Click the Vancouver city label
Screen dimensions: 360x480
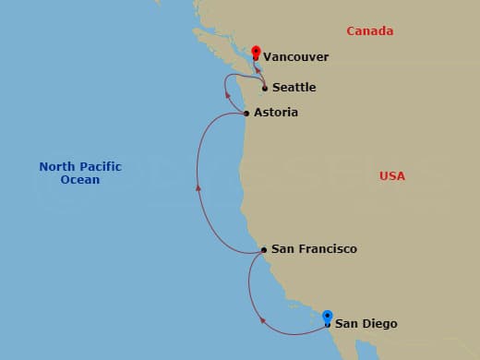click(x=295, y=57)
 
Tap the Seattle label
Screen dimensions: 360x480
click(x=294, y=88)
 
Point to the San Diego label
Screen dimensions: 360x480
click(x=366, y=323)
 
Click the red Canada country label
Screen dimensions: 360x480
click(x=370, y=31)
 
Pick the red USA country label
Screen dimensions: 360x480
click(x=392, y=175)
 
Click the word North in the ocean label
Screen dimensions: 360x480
click(x=56, y=167)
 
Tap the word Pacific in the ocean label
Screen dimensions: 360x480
click(x=100, y=167)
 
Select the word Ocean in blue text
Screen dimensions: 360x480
click(x=80, y=180)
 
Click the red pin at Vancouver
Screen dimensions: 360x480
click(x=256, y=52)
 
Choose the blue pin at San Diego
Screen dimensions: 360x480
click(x=327, y=318)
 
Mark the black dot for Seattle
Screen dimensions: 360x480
click(x=265, y=89)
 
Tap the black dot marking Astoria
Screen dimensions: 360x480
click(x=246, y=114)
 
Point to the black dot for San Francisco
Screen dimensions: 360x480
click(x=264, y=250)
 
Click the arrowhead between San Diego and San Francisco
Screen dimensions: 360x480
click(x=263, y=321)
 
